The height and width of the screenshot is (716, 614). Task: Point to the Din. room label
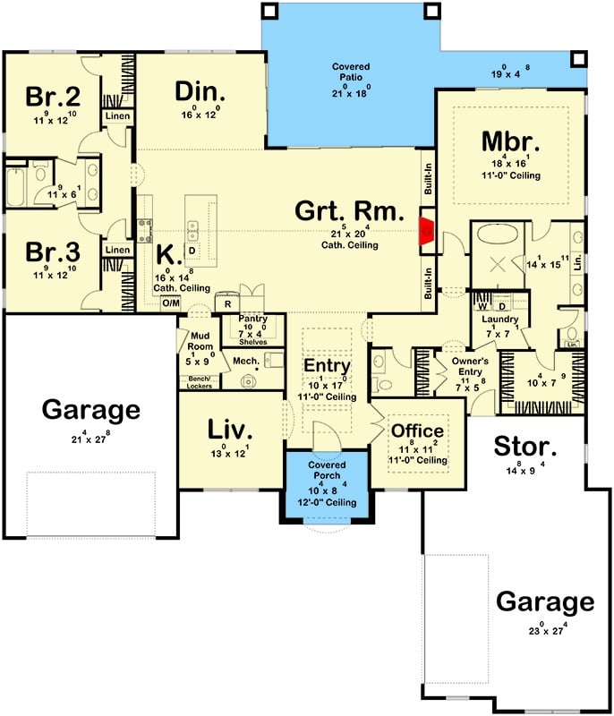199,91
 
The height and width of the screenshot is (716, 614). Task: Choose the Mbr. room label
509,141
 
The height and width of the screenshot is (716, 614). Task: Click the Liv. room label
231,428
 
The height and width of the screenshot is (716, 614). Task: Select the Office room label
418,431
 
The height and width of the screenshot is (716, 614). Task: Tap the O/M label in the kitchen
170,303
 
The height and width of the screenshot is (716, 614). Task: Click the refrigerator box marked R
228,303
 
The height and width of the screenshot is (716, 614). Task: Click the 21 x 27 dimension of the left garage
91,439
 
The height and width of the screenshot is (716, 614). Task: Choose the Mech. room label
245,362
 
